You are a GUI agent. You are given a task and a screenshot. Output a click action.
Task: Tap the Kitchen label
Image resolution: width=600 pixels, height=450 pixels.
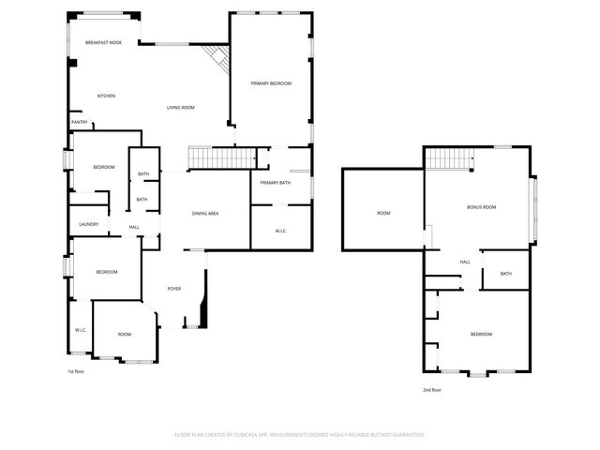pyautogui.click(x=106, y=96)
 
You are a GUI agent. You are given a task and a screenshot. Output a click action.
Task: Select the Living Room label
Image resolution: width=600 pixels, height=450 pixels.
pyautogui.click(x=181, y=108)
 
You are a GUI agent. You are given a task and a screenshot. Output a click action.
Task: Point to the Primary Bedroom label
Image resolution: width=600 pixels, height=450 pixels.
pyautogui.click(x=271, y=83)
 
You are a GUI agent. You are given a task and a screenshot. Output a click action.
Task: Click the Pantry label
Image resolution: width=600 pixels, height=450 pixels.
pyautogui.click(x=79, y=122)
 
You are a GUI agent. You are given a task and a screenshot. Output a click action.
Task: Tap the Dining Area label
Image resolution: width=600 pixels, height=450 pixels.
pyautogui.click(x=205, y=214)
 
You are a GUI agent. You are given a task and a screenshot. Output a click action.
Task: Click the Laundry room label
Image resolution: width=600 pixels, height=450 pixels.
pyautogui.click(x=89, y=224)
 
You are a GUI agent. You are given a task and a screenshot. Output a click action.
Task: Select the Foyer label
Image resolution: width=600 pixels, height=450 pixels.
pyautogui.click(x=174, y=288)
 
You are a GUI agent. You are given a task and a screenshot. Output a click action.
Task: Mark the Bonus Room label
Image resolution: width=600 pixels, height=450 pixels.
pyautogui.click(x=481, y=206)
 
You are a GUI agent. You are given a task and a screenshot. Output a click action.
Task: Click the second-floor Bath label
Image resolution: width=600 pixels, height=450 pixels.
pyautogui.click(x=506, y=274)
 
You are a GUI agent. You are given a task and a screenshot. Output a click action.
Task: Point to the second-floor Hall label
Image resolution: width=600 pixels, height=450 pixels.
pyautogui.click(x=465, y=262)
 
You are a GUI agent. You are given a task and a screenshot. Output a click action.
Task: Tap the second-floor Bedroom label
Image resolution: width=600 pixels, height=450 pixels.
pyautogui.click(x=481, y=334)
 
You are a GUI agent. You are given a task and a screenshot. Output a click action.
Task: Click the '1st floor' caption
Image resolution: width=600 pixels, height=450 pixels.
pyautogui.click(x=76, y=371)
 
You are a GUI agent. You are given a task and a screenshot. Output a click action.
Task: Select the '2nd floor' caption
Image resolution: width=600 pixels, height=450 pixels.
pyautogui.click(x=431, y=389)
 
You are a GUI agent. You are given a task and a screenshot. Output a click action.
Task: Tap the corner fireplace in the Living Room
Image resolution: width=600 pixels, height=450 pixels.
pyautogui.click(x=219, y=61)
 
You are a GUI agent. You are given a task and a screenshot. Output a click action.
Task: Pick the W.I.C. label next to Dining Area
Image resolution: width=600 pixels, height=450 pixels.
pyautogui.click(x=280, y=231)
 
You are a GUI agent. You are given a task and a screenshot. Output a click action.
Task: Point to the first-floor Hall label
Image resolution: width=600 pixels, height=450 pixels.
pyautogui.click(x=134, y=228)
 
